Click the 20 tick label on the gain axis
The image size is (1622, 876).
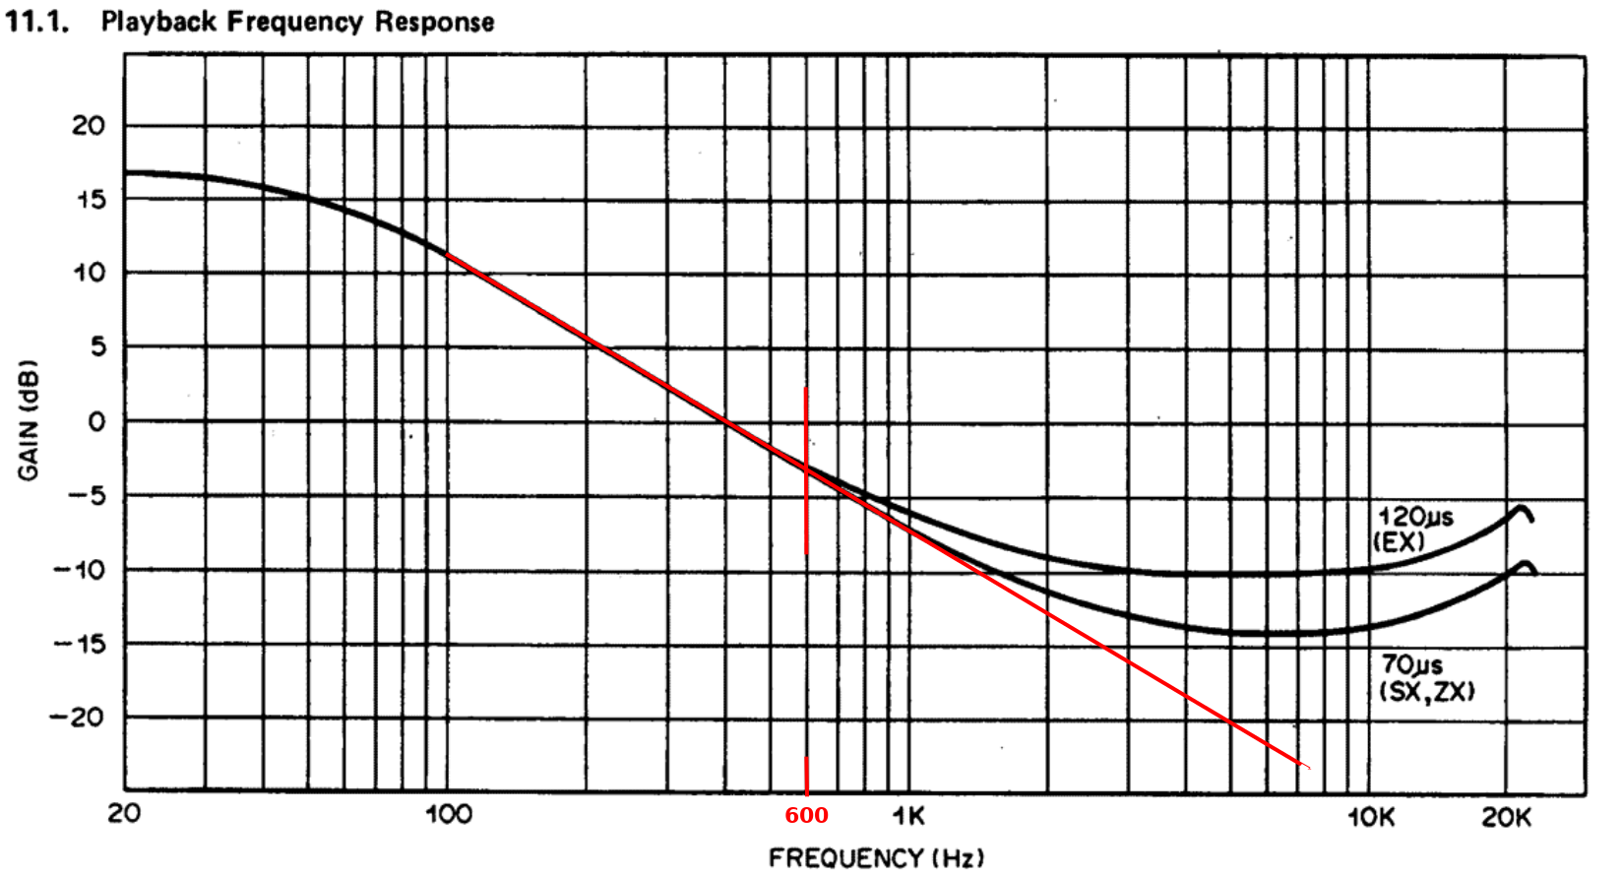point(88,126)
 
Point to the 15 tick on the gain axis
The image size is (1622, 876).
point(90,199)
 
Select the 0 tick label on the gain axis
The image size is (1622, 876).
point(95,422)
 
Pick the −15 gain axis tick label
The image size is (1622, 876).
point(78,644)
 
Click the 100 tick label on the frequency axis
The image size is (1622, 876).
point(448,815)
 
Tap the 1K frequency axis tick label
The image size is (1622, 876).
point(907,816)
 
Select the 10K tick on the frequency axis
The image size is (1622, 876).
point(1371,817)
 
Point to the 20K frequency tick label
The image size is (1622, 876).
point(1507,817)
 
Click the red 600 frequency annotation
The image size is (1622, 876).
point(806,816)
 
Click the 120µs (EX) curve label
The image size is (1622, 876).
point(1413,529)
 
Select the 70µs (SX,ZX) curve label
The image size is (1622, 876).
point(1426,678)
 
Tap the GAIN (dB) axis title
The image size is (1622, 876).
point(29,420)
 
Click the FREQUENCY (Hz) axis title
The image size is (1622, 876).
point(875,858)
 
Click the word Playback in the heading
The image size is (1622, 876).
point(159,22)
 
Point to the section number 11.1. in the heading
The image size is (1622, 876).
point(36,22)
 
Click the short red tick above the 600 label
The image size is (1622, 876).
point(806,776)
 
